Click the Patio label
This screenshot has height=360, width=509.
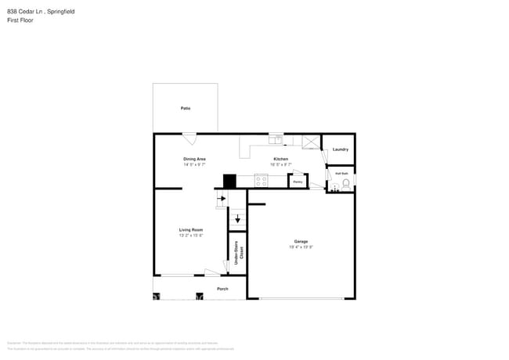pyautogui.click(x=186, y=108)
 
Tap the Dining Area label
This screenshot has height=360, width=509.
pyautogui.click(x=194, y=159)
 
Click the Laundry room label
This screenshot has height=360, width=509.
pyautogui.click(x=340, y=149)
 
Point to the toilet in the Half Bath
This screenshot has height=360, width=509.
pyautogui.click(x=345, y=183)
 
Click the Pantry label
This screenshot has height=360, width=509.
pyautogui.click(x=298, y=182)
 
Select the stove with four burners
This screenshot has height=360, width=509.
pyautogui.click(x=261, y=180)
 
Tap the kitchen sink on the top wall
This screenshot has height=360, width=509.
pyautogui.click(x=276, y=139)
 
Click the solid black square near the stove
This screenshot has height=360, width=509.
pyautogui.click(x=229, y=181)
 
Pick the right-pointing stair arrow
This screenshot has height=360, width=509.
pyautogui.click(x=222, y=199)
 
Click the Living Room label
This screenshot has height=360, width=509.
pyautogui.click(x=191, y=229)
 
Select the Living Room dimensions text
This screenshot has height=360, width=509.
pyautogui.click(x=191, y=236)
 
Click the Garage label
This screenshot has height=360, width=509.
pyautogui.click(x=301, y=241)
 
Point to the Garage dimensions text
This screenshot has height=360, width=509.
pyautogui.click(x=301, y=247)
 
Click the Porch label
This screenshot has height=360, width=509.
pyautogui.click(x=223, y=288)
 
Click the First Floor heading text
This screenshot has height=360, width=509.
pyautogui.click(x=20, y=20)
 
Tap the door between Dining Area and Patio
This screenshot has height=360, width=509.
pyautogui.click(x=190, y=139)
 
